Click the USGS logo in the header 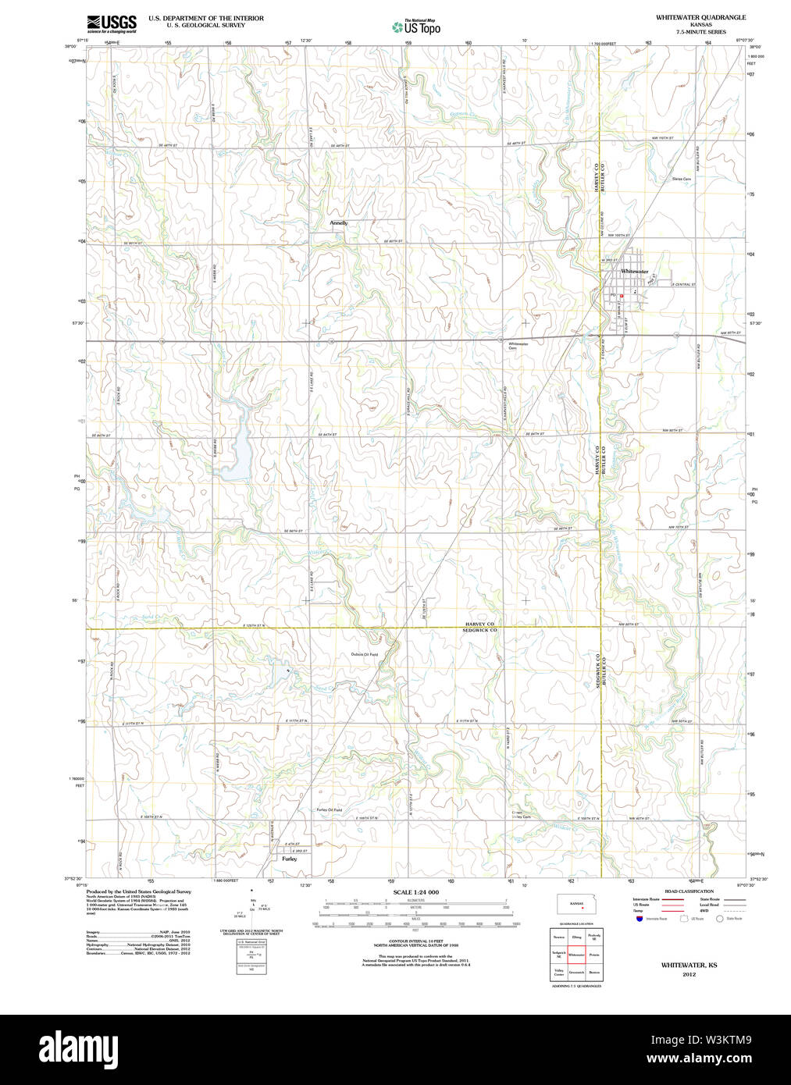pos(112,23)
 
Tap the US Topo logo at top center pos(416,27)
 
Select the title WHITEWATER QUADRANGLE pos(700,17)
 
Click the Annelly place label pos(338,223)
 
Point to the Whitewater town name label pos(634,272)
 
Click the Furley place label pos(289,859)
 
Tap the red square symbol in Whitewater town pos(622,297)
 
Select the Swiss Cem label pos(681,179)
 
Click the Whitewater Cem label pos(518,346)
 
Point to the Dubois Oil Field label pos(364,654)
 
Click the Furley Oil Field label pos(329,810)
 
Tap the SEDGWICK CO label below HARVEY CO pos(479,630)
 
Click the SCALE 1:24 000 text pos(415,892)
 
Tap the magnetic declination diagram pos(252,907)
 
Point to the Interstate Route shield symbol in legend pos(639,920)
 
